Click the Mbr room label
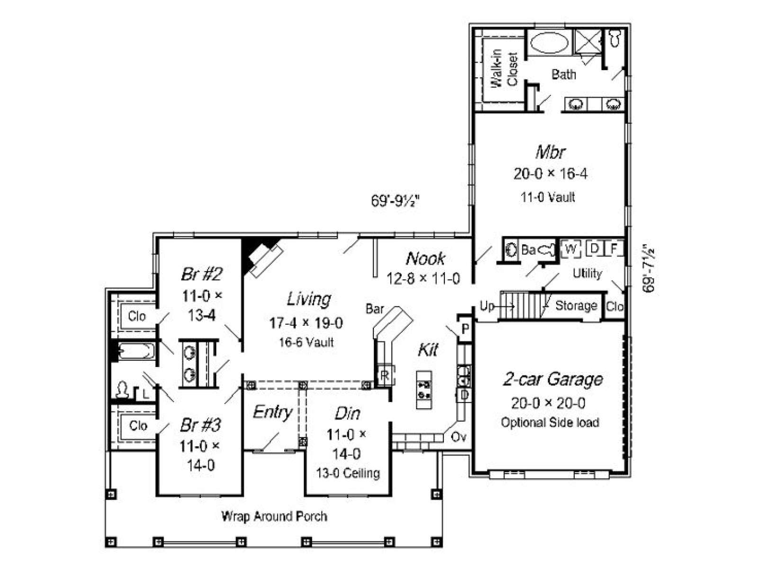click(550, 152)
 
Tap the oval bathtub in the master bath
click(549, 43)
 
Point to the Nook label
click(425, 258)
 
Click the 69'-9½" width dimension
click(395, 201)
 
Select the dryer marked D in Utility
click(594, 248)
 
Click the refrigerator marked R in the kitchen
click(385, 375)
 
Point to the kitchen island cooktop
click(424, 389)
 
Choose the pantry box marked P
click(465, 329)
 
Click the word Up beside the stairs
click(487, 306)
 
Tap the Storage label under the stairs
click(576, 306)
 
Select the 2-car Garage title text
click(552, 380)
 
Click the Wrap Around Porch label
click(274, 516)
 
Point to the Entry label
click(272, 412)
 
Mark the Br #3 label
click(200, 425)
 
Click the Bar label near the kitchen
click(375, 309)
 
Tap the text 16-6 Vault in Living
click(307, 342)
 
